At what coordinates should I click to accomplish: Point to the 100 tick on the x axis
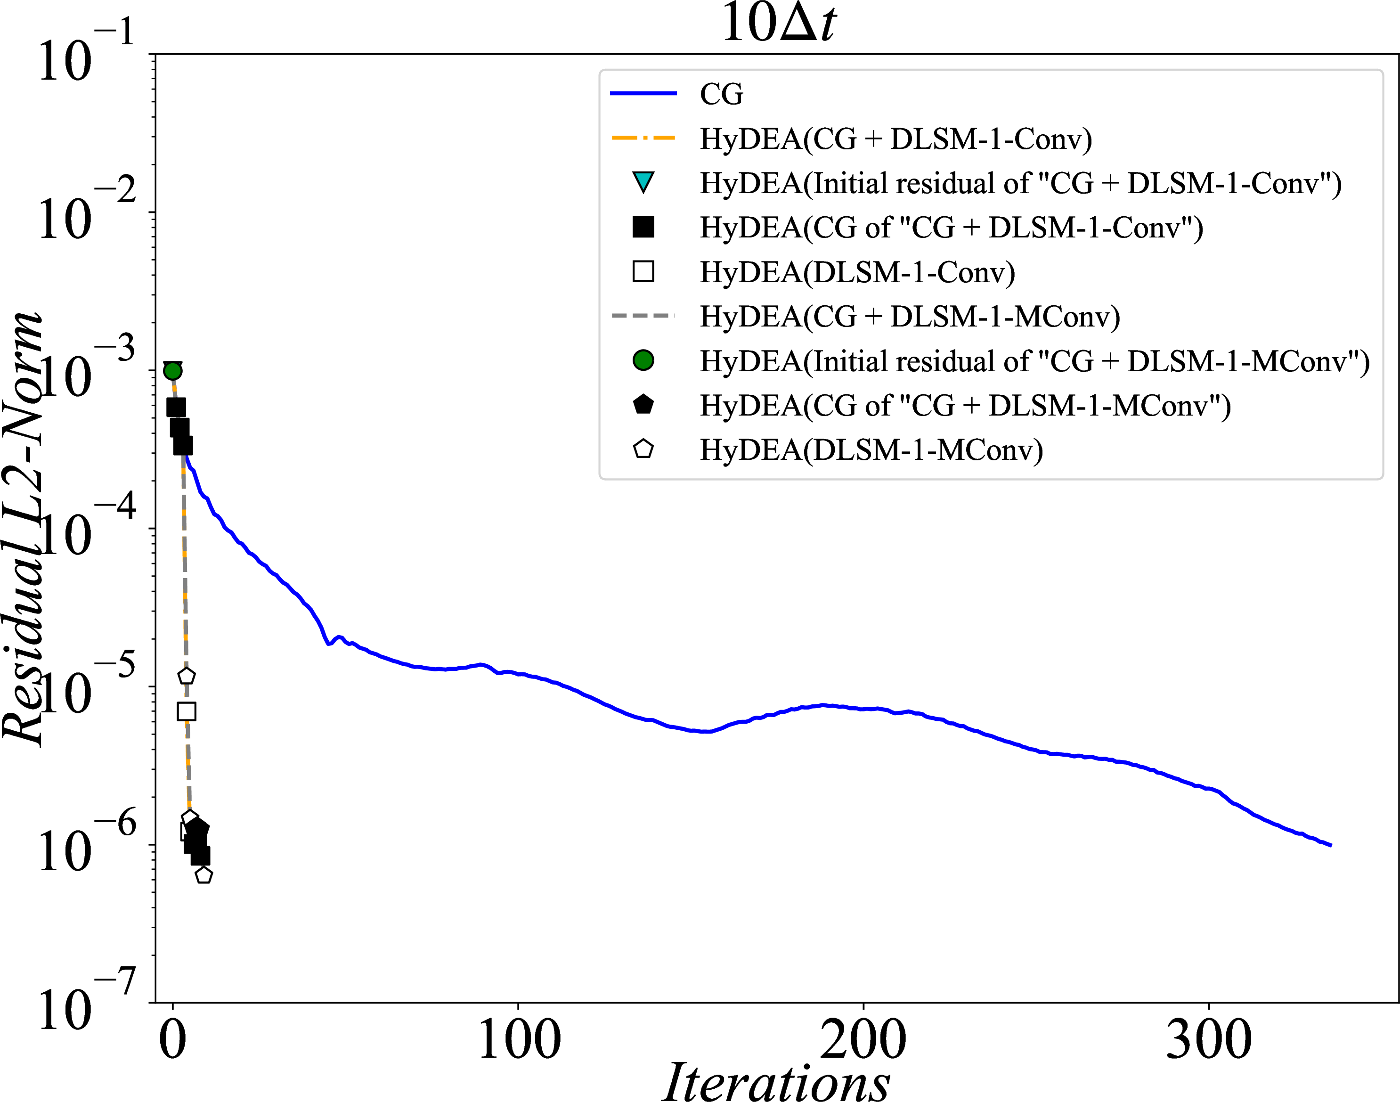click(x=519, y=1040)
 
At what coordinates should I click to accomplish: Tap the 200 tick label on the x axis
click(x=863, y=1040)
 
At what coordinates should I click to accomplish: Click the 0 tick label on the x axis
click(x=173, y=1040)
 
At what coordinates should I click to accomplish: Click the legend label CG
click(x=721, y=94)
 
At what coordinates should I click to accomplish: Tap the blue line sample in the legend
click(x=643, y=94)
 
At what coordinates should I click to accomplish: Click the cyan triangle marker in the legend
click(x=643, y=182)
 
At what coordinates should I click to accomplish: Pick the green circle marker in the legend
click(x=643, y=360)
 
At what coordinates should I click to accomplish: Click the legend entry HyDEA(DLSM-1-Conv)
click(x=857, y=272)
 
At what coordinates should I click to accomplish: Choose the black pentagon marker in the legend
click(x=643, y=405)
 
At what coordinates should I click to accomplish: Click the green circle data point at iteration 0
click(x=172, y=371)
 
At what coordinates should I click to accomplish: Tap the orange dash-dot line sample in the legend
click(x=643, y=138)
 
